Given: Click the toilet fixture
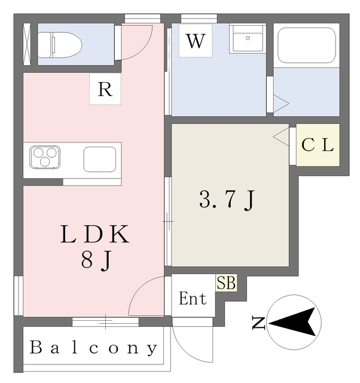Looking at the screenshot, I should pyautogui.click(x=60, y=44).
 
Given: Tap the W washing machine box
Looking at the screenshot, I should pyautogui.click(x=195, y=41).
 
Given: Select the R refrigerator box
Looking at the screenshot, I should pyautogui.click(x=105, y=90).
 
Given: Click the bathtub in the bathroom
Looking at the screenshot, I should pyautogui.click(x=306, y=45).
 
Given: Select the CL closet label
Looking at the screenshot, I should pyautogui.click(x=317, y=145).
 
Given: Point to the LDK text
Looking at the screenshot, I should pyautogui.click(x=94, y=234).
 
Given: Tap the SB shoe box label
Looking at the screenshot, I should pyautogui.click(x=226, y=283).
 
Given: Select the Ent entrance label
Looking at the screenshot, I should pyautogui.click(x=193, y=299).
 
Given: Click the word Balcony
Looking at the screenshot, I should pyautogui.click(x=94, y=348).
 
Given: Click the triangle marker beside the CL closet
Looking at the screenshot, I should pyautogui.click(x=280, y=137).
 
